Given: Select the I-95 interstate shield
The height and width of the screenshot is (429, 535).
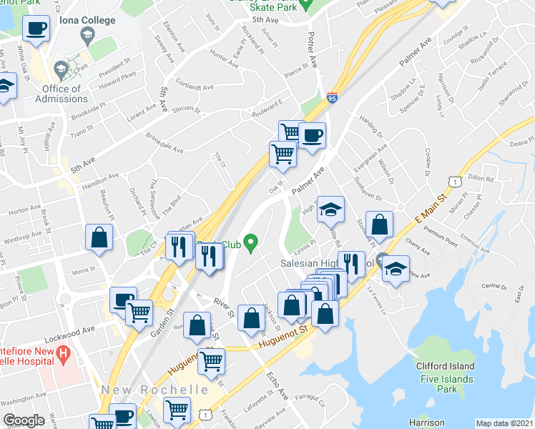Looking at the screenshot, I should coord(332,99).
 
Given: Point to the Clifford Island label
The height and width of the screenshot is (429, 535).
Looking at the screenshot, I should coord(446,366).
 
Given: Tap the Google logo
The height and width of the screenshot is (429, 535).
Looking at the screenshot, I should coord(24,420).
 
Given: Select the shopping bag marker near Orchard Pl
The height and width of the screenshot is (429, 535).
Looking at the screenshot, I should coord(99,237).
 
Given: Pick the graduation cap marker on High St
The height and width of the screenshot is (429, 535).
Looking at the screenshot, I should coord(330,209).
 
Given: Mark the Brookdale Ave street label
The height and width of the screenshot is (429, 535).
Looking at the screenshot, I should coord(165,142).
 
